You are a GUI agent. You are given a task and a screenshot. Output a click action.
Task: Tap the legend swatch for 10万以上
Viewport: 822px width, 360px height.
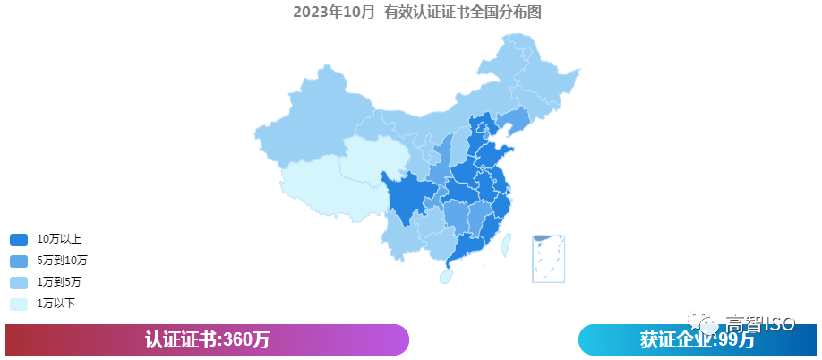19,240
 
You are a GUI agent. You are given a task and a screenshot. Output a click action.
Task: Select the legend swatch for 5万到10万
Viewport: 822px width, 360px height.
19,261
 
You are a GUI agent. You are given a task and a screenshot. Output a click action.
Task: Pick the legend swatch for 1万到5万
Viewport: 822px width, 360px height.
19,282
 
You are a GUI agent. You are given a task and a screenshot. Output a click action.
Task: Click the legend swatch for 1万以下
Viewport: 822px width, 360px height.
19,304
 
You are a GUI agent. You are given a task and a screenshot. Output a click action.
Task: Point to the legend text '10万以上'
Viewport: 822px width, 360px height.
59,240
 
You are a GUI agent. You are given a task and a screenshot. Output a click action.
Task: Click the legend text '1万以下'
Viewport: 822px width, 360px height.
56,304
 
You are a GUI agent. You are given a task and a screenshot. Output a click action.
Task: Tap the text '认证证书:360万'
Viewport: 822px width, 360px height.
207,340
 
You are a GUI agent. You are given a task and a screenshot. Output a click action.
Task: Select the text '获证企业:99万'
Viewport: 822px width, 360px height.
697,341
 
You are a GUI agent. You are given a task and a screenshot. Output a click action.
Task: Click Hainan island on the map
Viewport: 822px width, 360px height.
445,277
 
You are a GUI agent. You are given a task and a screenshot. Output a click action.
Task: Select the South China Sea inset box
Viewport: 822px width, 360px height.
547,258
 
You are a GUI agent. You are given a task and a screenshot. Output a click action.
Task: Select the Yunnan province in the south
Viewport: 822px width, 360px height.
403,237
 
